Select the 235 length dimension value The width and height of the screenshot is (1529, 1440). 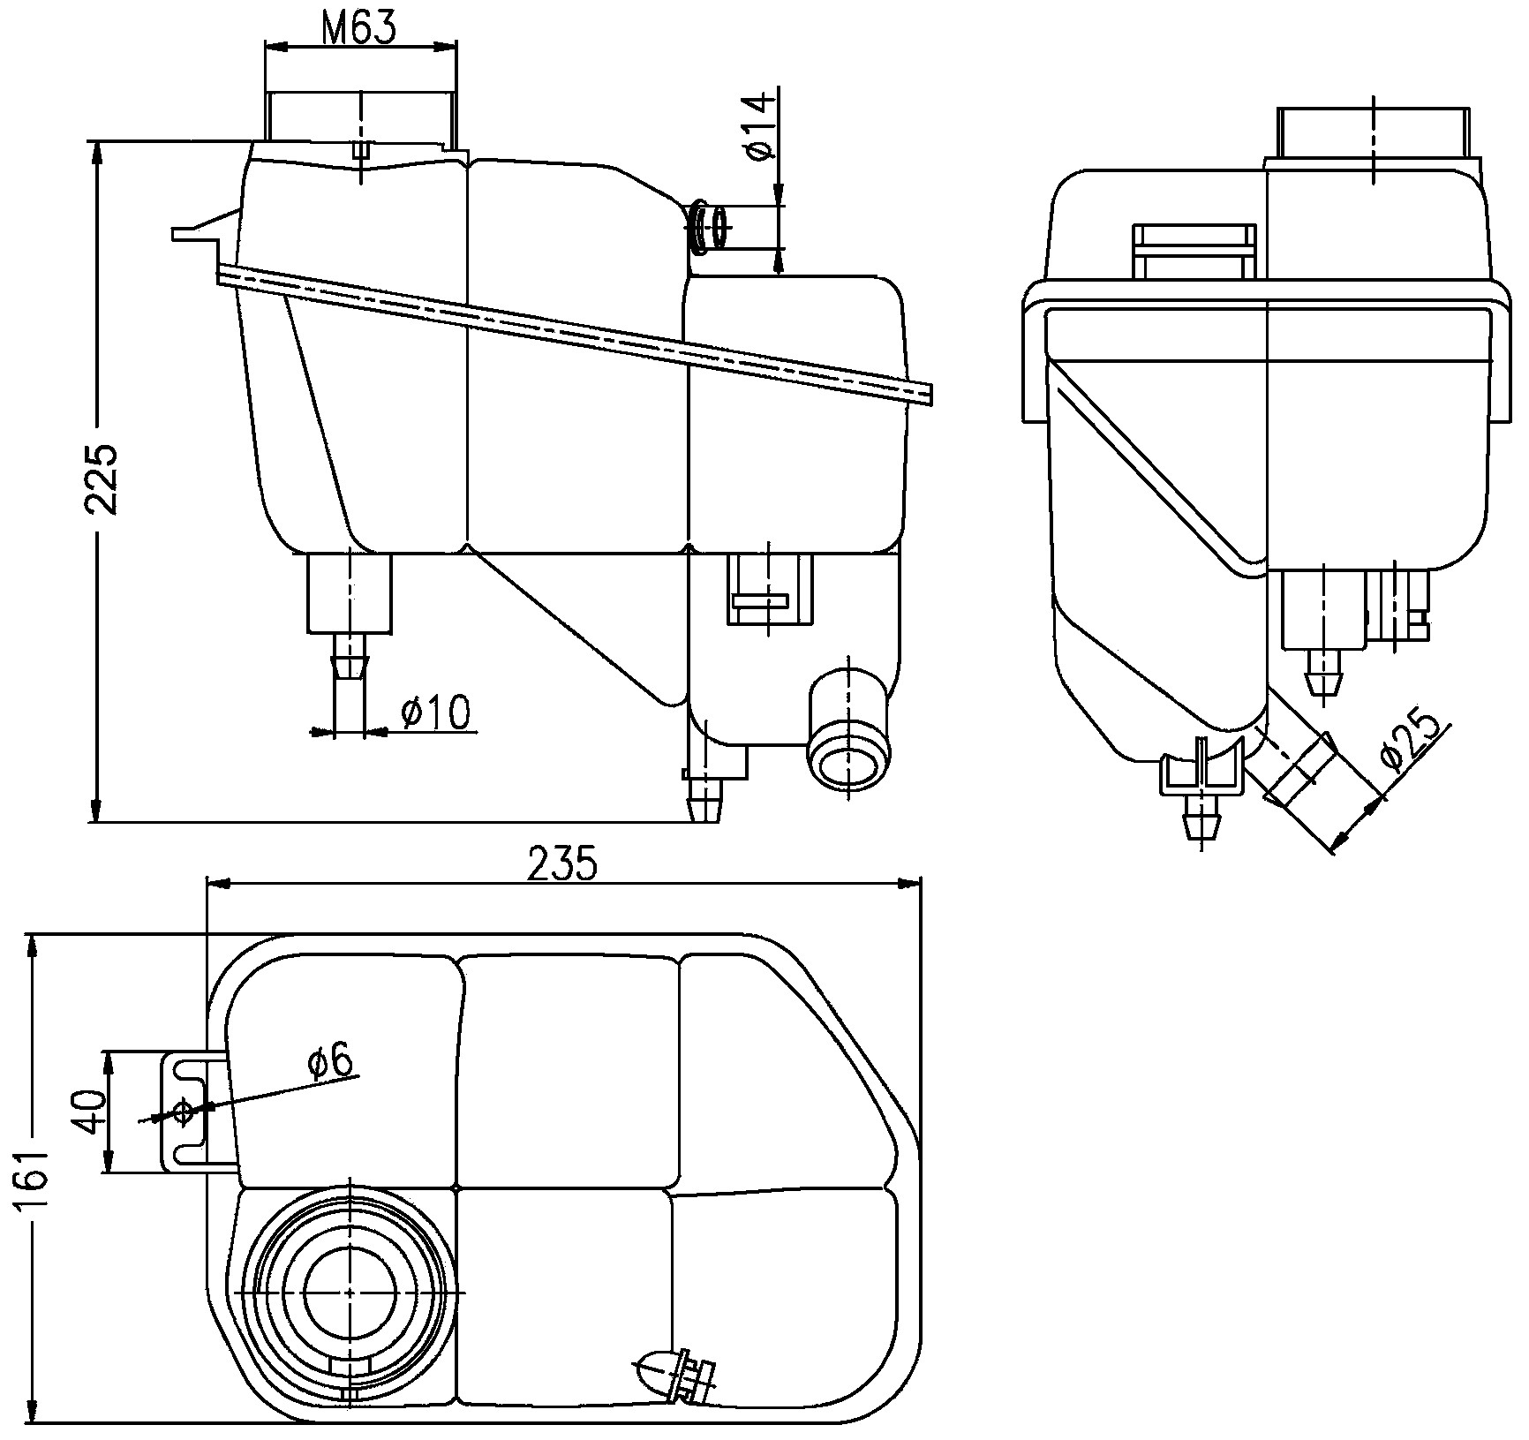coord(562,863)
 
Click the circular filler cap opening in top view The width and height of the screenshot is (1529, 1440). coord(350,1291)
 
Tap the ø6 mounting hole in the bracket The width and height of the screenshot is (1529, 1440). coord(184,1112)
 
